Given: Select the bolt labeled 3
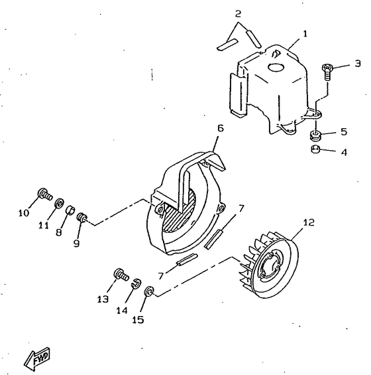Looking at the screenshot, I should click(326, 72).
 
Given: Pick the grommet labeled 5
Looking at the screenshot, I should click(316, 135).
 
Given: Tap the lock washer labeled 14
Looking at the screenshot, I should click(137, 283).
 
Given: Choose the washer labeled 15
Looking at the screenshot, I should click(150, 291).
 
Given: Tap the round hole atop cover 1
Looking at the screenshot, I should click(275, 68).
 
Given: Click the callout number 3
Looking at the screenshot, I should click(357, 64).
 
